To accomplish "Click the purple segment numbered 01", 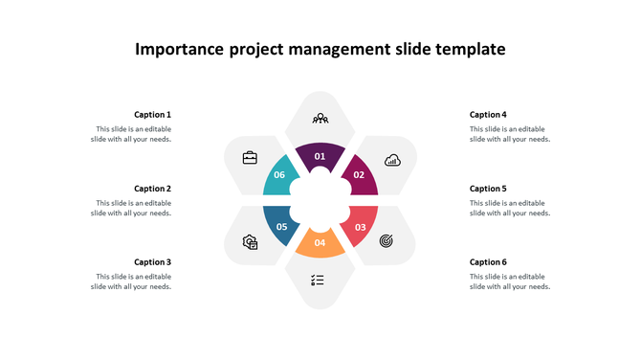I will pyautogui.click(x=320, y=155).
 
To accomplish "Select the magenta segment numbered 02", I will pyautogui.click(x=360, y=173).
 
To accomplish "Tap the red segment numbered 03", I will pyautogui.click(x=361, y=226).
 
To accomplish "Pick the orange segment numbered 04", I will pyautogui.click(x=320, y=243).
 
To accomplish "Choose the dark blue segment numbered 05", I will pyautogui.click(x=281, y=226).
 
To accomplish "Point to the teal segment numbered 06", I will pyautogui.click(x=279, y=174).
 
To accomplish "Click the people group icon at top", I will pyautogui.click(x=320, y=119).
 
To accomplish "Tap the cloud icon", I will pyautogui.click(x=392, y=160).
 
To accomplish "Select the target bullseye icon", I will pyautogui.click(x=387, y=240).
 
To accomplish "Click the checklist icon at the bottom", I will pyautogui.click(x=318, y=281).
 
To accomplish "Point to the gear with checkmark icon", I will pyautogui.click(x=251, y=242).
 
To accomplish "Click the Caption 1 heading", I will pyautogui.click(x=152, y=115).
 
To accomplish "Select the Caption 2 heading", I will pyautogui.click(x=152, y=189).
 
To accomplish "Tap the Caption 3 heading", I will pyautogui.click(x=152, y=262).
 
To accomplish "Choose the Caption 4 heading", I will pyautogui.click(x=488, y=115).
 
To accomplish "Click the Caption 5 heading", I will pyautogui.click(x=488, y=189).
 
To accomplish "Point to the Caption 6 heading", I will pyautogui.click(x=488, y=262).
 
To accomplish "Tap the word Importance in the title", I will pyautogui.click(x=180, y=49).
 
